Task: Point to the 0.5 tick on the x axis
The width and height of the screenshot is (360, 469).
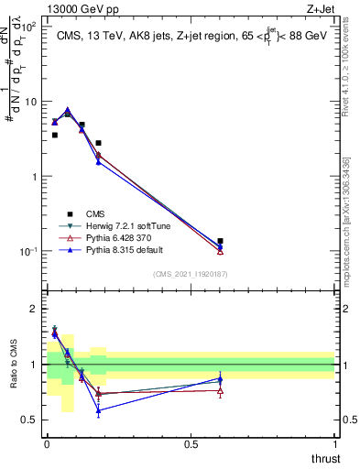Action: pyautogui.click(x=191, y=443)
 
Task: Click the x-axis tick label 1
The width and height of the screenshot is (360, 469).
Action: pyautogui.click(x=335, y=443)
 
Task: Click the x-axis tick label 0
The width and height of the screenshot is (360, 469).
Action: pyautogui.click(x=47, y=443)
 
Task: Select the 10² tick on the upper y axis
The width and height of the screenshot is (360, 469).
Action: pyautogui.click(x=29, y=27)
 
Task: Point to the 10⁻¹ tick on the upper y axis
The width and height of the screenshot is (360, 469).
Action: pyautogui.click(x=29, y=251)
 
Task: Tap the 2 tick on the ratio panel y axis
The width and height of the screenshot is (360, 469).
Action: pyautogui.click(x=35, y=309)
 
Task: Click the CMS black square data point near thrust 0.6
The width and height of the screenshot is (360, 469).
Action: pyautogui.click(x=220, y=241)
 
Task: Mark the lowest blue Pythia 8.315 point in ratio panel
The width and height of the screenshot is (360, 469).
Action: pyautogui.click(x=98, y=410)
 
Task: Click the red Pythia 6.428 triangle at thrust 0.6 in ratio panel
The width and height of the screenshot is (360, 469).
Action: pyautogui.click(x=220, y=391)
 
